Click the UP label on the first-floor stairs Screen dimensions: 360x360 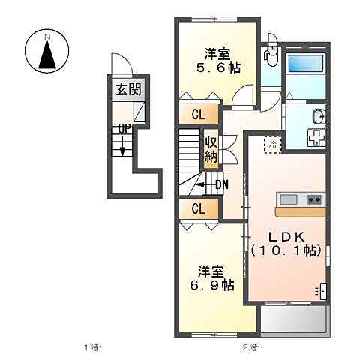[x=123, y=128]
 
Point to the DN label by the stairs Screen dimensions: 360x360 [x=222, y=184]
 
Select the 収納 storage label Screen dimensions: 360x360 [x=211, y=149]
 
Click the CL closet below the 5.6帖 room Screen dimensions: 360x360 [x=199, y=115]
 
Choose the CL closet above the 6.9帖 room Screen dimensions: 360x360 [x=199, y=208]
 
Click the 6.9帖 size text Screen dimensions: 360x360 [x=211, y=285]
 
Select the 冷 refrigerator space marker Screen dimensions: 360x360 [x=273, y=144]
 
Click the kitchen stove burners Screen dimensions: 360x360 [x=312, y=199]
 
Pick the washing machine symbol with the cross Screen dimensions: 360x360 [x=316, y=139]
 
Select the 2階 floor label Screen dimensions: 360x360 [x=250, y=347]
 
